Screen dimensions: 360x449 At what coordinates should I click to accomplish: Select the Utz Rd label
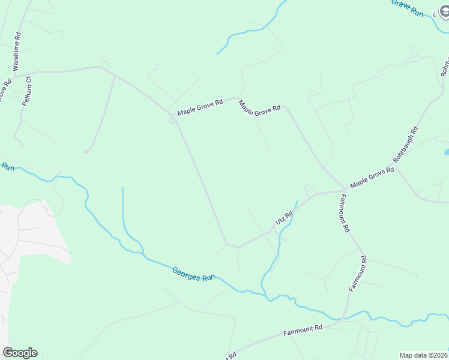pyautogui.click(x=283, y=218)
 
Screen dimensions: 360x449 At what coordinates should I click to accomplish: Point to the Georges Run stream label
pyautogui.click(x=193, y=274)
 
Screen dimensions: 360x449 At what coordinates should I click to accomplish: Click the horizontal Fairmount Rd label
pyautogui.click(x=303, y=329)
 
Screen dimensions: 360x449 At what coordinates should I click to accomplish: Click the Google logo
pyautogui.click(x=20, y=352)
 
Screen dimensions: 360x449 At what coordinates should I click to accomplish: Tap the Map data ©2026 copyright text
pyautogui.click(x=424, y=355)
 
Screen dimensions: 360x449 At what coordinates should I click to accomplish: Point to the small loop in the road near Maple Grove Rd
pyautogui.click(x=172, y=121)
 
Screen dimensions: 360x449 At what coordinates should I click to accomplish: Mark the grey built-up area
pyautogui.click(x=30, y=240)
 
